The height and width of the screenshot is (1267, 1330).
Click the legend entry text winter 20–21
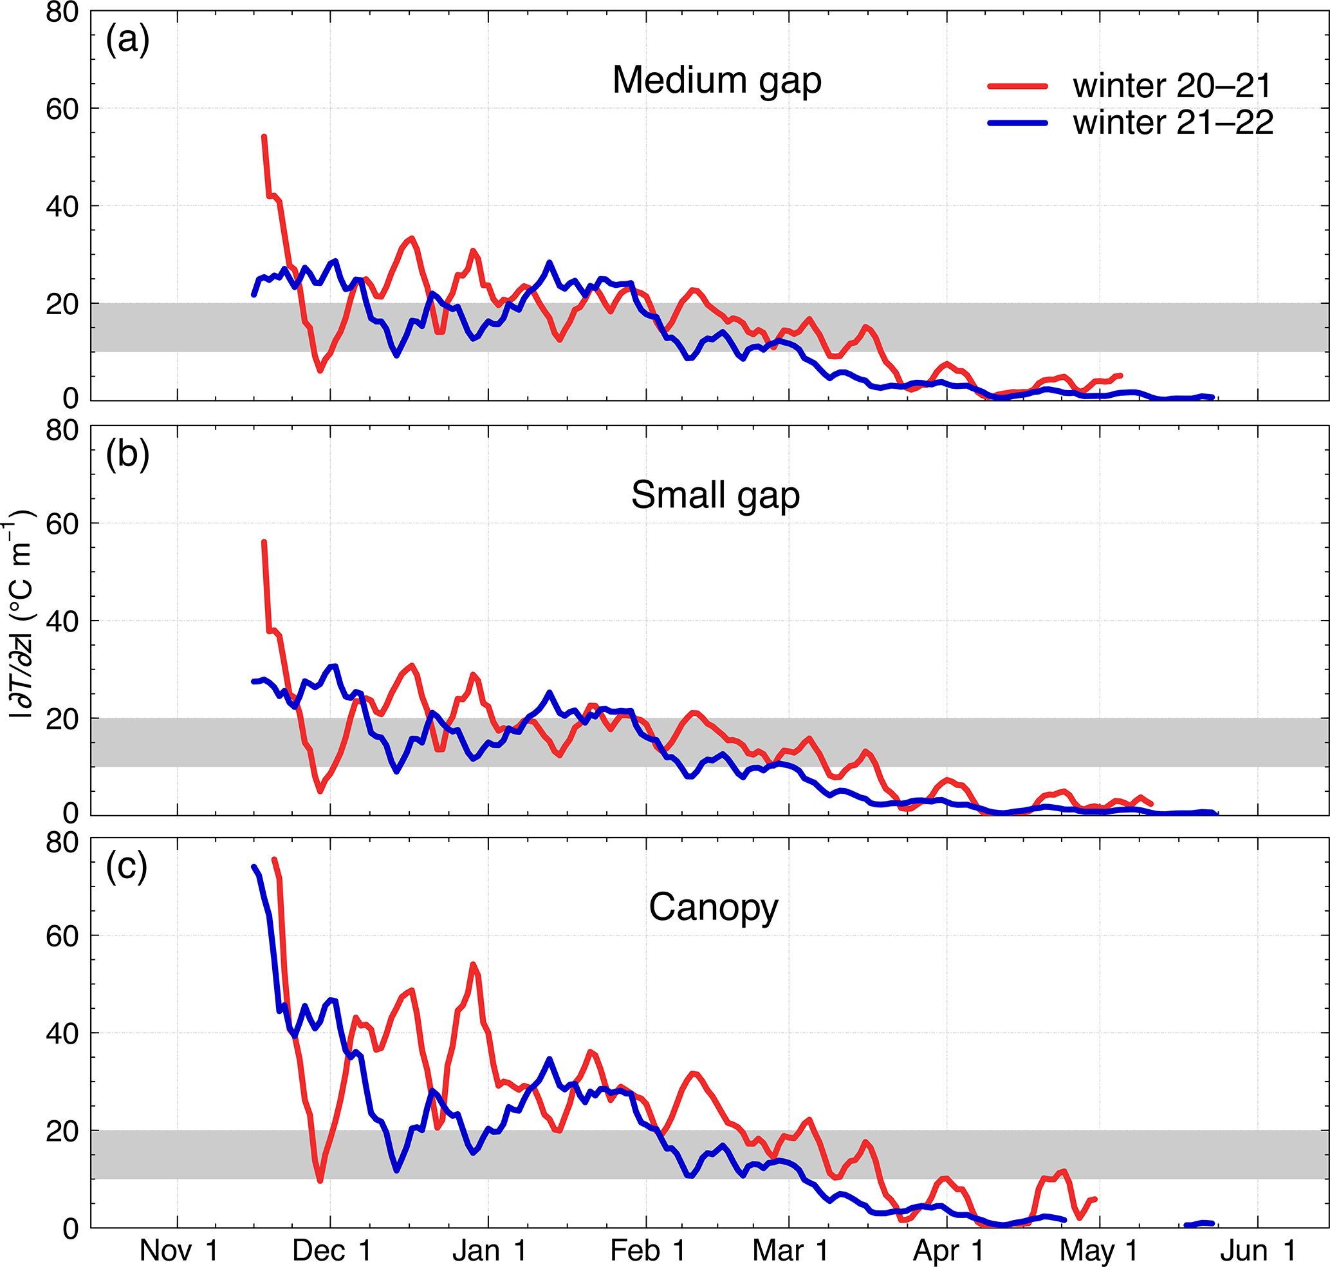pyautogui.click(x=1172, y=86)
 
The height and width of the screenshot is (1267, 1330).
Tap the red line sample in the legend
pyautogui.click(x=1017, y=86)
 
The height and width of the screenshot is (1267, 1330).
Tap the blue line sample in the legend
pyautogui.click(x=1017, y=123)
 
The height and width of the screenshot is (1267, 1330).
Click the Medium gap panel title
pyautogui.click(x=716, y=80)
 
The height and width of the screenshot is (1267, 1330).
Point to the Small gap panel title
pyautogui.click(x=715, y=495)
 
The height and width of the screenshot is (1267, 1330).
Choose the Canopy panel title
pyautogui.click(x=713, y=907)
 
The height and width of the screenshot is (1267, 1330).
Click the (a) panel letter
pyautogui.click(x=127, y=41)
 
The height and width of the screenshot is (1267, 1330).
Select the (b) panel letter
pyautogui.click(x=127, y=455)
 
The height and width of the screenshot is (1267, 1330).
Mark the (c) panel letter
pyautogui.click(x=126, y=867)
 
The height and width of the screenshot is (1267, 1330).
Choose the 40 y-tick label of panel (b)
pyautogui.click(x=62, y=621)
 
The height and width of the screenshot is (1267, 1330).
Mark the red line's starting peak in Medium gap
pyautogui.click(x=264, y=137)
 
